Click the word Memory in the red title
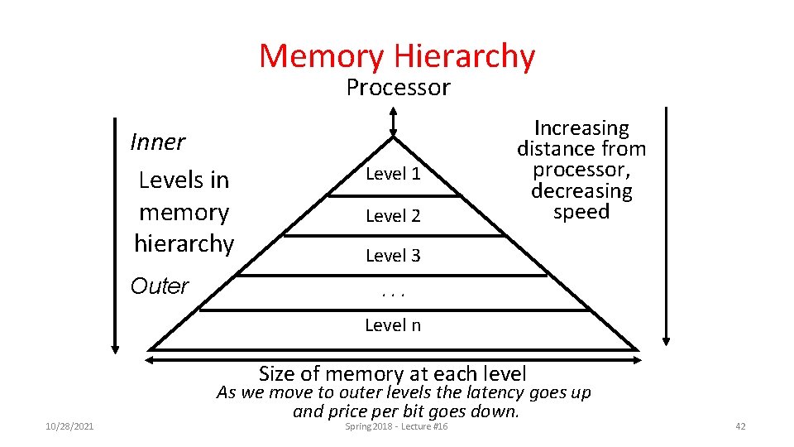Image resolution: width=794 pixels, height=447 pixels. click(x=322, y=56)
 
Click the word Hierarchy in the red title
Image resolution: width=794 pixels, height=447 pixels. click(x=465, y=56)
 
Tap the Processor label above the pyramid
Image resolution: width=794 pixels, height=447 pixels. click(x=398, y=87)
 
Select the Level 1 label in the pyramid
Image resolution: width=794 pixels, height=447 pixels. click(x=393, y=174)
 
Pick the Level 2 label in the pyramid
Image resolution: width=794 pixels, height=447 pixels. click(x=393, y=216)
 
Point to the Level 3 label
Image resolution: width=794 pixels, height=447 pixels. click(x=393, y=256)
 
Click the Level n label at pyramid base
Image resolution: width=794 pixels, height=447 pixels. click(x=393, y=325)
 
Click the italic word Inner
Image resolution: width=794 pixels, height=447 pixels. click(x=157, y=142)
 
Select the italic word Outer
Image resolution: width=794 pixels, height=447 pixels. click(x=160, y=286)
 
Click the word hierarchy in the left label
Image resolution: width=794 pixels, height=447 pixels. click(x=184, y=243)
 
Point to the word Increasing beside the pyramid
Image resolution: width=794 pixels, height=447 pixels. click(x=581, y=128)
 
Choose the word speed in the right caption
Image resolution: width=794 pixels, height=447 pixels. click(x=581, y=212)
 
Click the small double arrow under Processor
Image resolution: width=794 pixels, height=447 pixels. click(x=394, y=122)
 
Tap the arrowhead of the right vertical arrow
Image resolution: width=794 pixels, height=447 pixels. click(x=666, y=338)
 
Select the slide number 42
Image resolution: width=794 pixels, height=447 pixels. click(x=740, y=425)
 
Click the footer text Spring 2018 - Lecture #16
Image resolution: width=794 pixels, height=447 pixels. click(x=396, y=425)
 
